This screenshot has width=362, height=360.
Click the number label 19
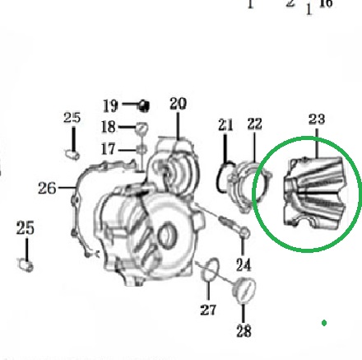(110, 105)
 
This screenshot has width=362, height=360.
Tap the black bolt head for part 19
(143, 106)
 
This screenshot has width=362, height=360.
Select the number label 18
(109, 127)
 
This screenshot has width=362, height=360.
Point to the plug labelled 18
(142, 129)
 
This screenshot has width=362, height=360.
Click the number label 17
(108, 149)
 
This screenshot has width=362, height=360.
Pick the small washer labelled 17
(142, 150)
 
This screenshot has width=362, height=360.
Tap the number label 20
(178, 104)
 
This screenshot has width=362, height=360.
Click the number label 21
(225, 125)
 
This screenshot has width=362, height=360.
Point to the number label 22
(254, 124)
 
